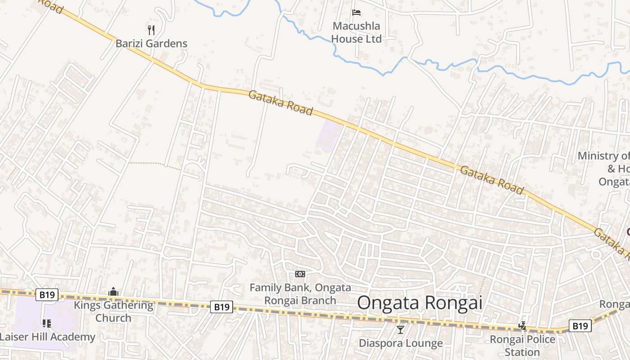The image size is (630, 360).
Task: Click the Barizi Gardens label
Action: (151, 44)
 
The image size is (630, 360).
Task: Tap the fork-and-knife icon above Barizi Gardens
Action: (151, 30)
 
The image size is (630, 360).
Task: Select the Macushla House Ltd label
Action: (357, 32)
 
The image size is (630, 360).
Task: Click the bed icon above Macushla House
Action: (357, 12)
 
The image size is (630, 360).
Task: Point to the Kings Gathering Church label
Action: (113, 311)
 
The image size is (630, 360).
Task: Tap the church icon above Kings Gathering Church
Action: (113, 292)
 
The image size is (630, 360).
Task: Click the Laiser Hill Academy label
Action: (48, 337)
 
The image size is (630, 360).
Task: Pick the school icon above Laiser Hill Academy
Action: (46, 323)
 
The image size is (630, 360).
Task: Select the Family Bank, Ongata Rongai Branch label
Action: (300, 294)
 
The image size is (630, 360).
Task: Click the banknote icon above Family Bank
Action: (300, 274)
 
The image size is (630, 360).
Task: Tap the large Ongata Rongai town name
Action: (419, 303)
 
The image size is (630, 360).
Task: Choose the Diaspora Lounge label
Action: (400, 343)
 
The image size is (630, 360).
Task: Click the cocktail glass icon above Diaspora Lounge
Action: (400, 330)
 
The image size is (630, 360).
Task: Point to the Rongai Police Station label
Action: (522, 345)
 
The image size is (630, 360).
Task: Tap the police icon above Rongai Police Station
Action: (522, 325)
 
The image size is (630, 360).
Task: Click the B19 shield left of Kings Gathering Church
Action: (47, 295)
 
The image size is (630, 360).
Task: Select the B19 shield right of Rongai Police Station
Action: (580, 326)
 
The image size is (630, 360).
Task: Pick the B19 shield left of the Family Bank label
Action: (221, 307)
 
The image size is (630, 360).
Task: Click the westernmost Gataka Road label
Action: (280, 103)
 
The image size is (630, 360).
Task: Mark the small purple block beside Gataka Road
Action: (328, 135)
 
